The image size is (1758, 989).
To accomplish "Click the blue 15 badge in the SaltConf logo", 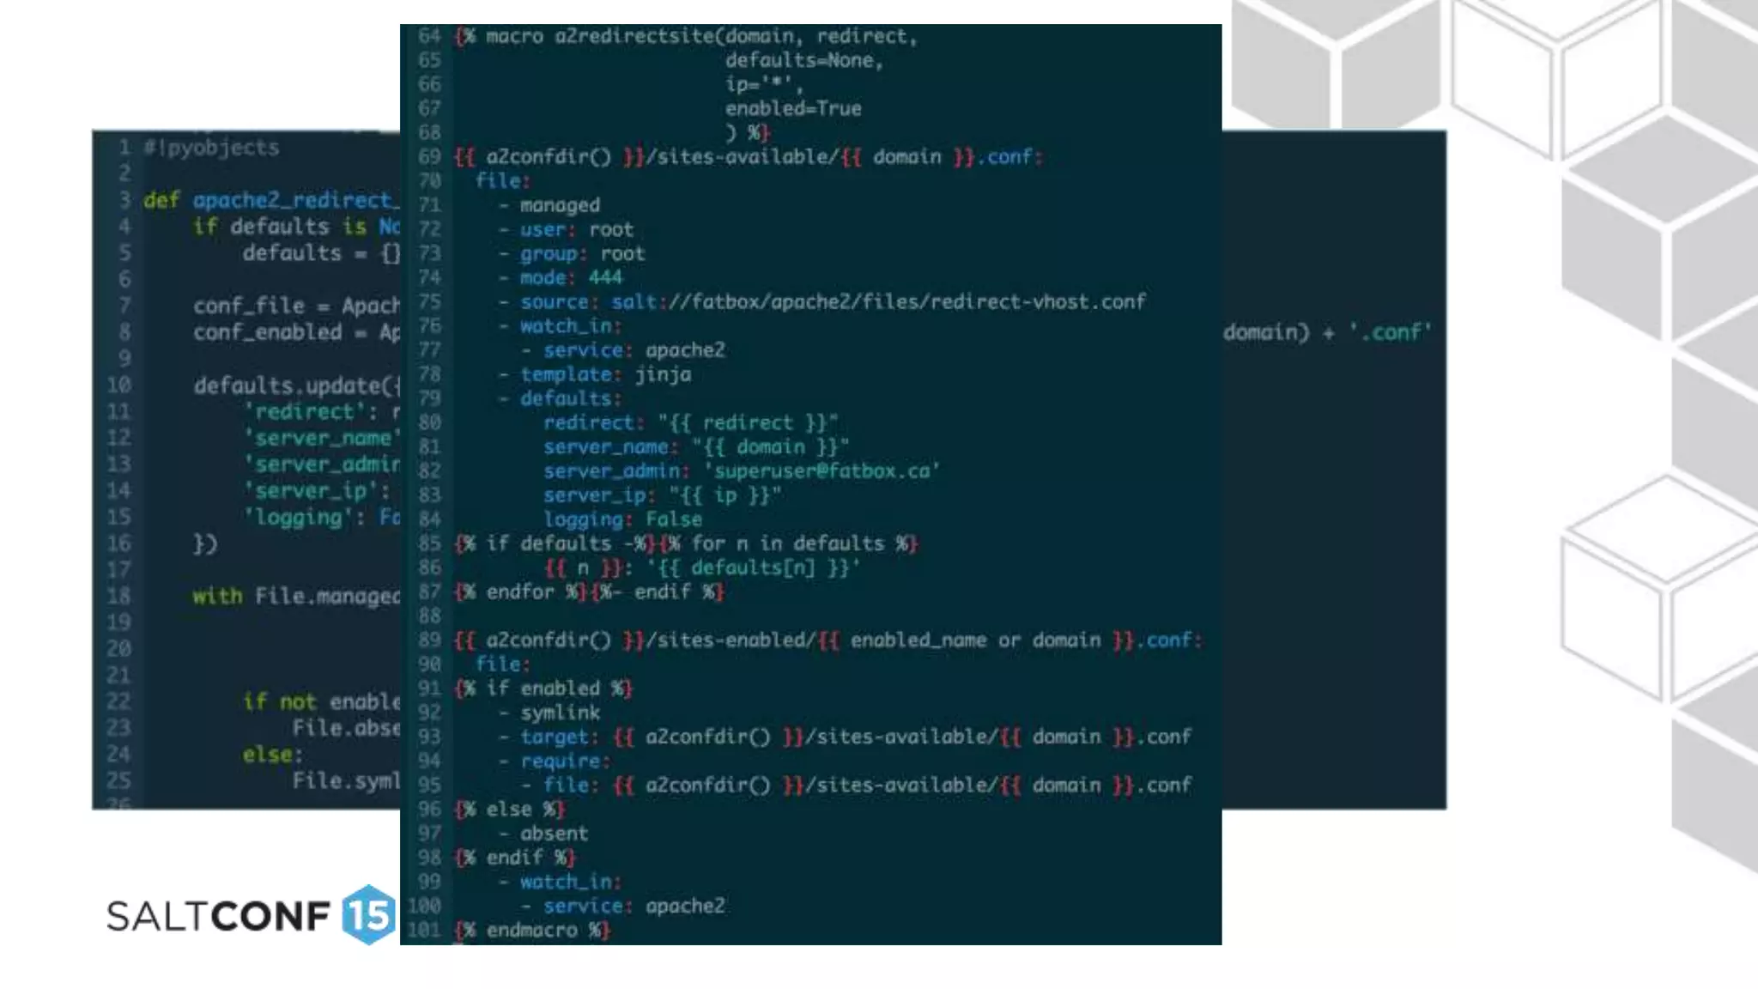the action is click(x=368, y=915).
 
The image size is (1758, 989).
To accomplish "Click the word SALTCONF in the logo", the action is click(x=218, y=917).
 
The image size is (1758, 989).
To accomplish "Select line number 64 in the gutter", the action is click(x=429, y=36).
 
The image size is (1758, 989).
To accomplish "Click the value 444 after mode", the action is click(x=605, y=277).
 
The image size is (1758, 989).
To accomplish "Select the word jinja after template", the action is click(x=663, y=374).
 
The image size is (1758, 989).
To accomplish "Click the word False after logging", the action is click(x=674, y=519).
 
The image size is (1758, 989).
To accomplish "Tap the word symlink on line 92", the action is click(x=560, y=713).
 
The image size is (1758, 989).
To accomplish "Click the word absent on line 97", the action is click(x=554, y=833).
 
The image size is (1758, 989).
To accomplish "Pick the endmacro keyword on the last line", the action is click(x=531, y=930).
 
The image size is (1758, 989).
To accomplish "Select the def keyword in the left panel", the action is click(x=161, y=200).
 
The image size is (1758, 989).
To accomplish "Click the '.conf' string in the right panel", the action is click(x=1391, y=332).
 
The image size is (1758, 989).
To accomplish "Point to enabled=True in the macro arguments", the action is click(x=793, y=108).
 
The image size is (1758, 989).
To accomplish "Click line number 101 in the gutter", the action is click(x=425, y=930).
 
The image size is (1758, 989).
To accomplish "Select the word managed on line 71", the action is click(x=560, y=205).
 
